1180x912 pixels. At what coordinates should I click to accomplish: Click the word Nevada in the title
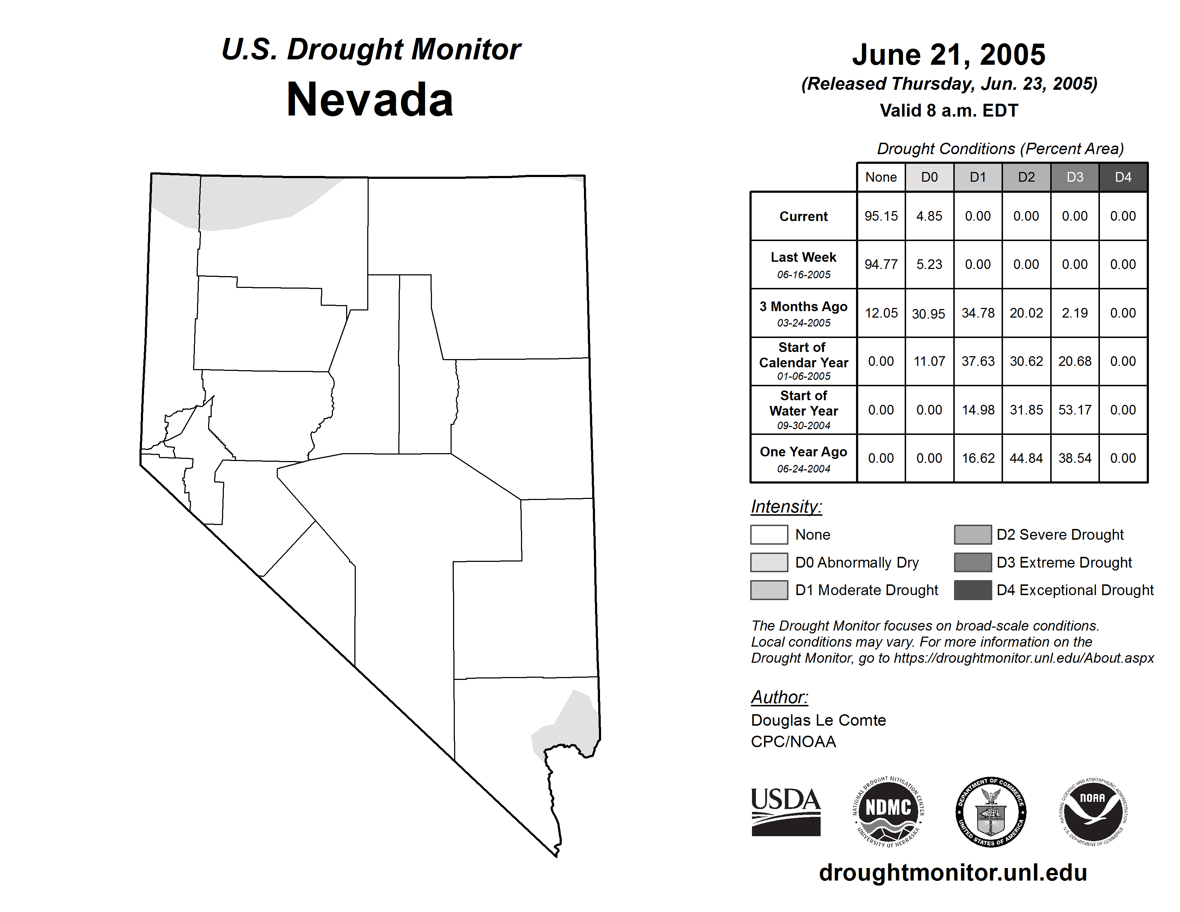370,100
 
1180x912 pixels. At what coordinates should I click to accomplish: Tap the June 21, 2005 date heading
948,55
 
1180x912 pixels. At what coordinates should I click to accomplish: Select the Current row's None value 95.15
881,216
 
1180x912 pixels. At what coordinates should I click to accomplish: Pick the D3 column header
1074,177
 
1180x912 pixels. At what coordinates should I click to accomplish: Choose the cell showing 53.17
1074,410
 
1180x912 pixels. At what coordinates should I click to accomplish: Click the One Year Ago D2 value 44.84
1026,458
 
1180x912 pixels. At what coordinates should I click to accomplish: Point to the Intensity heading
786,507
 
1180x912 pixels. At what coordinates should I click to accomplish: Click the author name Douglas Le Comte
818,720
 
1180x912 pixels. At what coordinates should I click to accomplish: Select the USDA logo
786,812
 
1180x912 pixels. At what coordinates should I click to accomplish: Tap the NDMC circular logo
888,812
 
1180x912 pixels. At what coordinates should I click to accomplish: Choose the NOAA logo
1092,812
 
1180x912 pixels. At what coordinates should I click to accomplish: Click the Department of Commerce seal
990,812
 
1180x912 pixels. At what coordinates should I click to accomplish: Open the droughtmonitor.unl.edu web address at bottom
953,873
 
